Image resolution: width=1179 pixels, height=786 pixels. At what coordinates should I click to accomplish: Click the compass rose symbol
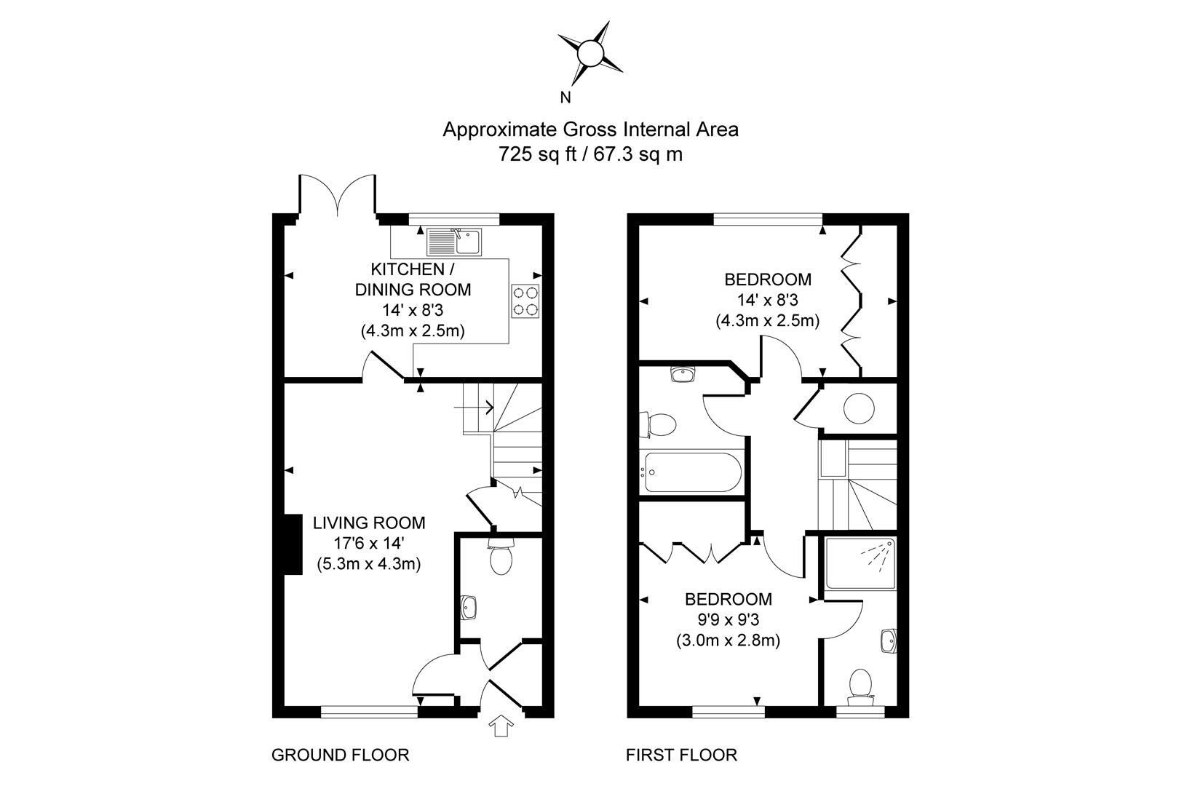(x=590, y=53)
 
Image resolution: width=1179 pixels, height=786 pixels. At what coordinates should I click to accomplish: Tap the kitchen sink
(x=454, y=241)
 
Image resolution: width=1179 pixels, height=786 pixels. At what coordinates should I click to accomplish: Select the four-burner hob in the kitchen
(x=526, y=301)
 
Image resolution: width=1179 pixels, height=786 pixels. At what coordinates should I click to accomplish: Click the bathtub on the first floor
(x=691, y=472)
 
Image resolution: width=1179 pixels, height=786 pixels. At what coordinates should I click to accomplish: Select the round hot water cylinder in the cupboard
(x=859, y=408)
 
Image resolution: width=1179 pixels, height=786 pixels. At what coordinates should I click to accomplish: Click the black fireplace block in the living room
(x=293, y=544)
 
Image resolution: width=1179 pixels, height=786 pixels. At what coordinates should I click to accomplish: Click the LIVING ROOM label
(x=369, y=523)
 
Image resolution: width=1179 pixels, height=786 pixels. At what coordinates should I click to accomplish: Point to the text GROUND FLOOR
(x=340, y=755)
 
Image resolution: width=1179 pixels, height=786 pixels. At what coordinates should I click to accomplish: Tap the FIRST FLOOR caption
(x=681, y=755)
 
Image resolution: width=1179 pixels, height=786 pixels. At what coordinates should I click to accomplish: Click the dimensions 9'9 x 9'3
(x=728, y=620)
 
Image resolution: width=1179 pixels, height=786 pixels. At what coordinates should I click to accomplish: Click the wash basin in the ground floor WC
(x=469, y=606)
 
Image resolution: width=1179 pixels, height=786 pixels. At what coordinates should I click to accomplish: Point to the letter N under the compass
(x=565, y=98)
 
